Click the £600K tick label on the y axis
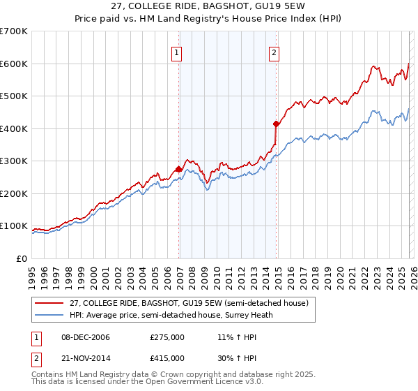point(14,64)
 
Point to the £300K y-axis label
point(14,161)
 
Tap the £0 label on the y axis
point(22,258)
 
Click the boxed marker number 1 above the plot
point(176,52)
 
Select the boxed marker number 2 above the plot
point(274,52)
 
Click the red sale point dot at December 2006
point(179,169)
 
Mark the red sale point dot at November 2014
point(277,124)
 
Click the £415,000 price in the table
point(167,358)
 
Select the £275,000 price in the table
point(167,337)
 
